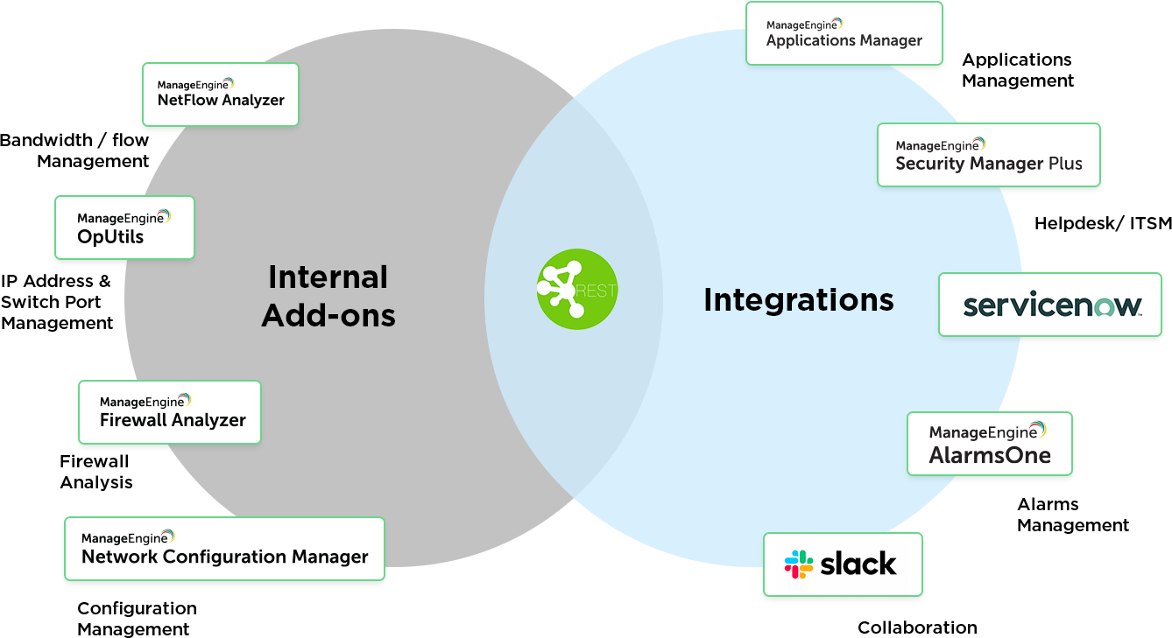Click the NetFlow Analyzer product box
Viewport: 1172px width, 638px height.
[x=220, y=94]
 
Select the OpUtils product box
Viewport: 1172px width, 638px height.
[x=124, y=228]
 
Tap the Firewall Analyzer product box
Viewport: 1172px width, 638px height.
[x=170, y=412]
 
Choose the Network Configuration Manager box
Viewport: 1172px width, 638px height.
[x=224, y=549]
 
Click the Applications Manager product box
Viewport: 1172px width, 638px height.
[x=844, y=33]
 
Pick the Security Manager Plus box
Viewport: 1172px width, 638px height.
[x=988, y=155]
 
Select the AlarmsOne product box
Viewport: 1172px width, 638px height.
[x=989, y=445]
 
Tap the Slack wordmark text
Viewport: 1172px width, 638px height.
[x=858, y=564]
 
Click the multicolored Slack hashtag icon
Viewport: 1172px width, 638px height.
[x=798, y=564]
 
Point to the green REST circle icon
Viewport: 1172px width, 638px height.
[x=573, y=289]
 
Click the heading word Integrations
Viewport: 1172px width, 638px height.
[x=798, y=300]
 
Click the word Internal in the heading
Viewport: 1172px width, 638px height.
[x=328, y=277]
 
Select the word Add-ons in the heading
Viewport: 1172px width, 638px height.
[x=328, y=315]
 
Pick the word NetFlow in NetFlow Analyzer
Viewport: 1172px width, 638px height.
[x=187, y=100]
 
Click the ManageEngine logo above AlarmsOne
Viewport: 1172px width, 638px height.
[x=987, y=431]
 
